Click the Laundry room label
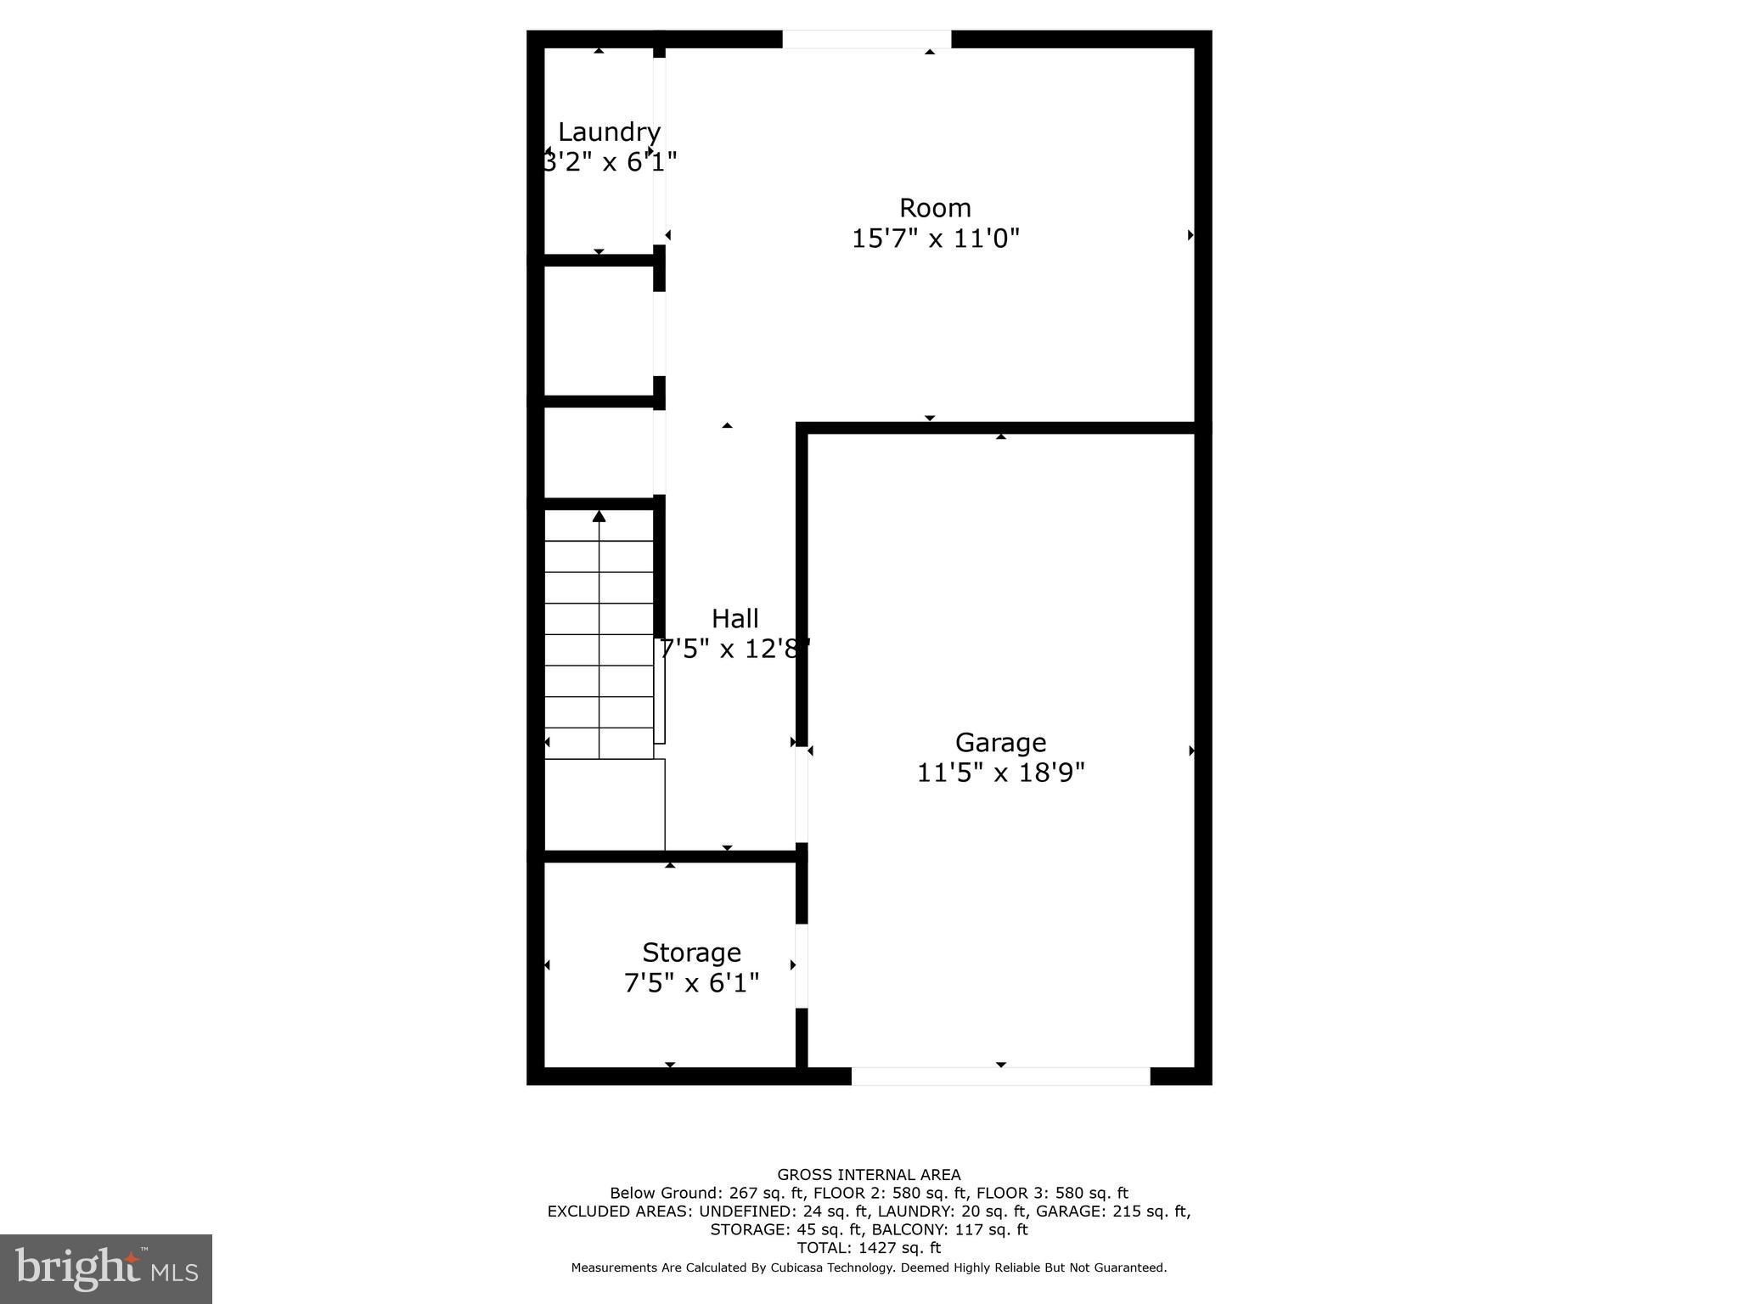[609, 132]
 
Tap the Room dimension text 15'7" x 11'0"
[935, 239]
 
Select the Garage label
[1000, 743]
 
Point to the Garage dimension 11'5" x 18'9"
[1000, 773]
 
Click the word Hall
[734, 619]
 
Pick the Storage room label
[691, 953]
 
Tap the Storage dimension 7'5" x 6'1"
[691, 983]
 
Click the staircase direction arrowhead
[599, 516]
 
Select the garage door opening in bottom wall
[1000, 1076]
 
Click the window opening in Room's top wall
[866, 39]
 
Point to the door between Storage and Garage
[801, 965]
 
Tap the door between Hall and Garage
[801, 795]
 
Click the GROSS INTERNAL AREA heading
[869, 1175]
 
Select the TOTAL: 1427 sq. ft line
[869, 1248]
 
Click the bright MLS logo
[106, 1269]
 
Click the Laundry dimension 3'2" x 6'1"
[609, 162]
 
